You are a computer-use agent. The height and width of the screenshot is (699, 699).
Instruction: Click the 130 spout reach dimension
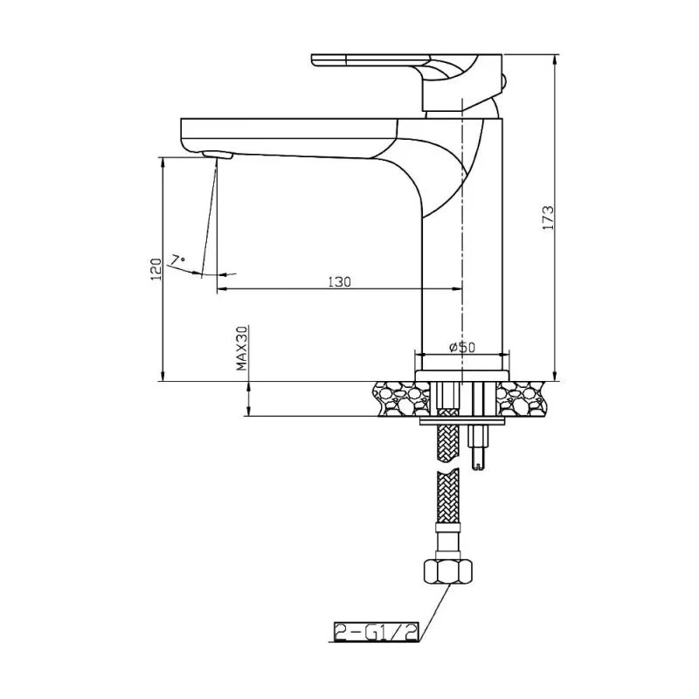click(x=339, y=281)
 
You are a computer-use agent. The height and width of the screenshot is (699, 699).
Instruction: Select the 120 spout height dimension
click(x=156, y=268)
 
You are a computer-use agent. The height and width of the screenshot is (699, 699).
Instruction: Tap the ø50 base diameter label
click(x=461, y=347)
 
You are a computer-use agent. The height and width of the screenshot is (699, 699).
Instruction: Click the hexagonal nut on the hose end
click(x=449, y=573)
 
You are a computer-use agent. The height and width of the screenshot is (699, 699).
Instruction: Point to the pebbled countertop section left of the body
click(x=401, y=398)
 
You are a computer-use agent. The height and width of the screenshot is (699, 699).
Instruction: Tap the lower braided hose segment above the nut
click(x=448, y=511)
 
